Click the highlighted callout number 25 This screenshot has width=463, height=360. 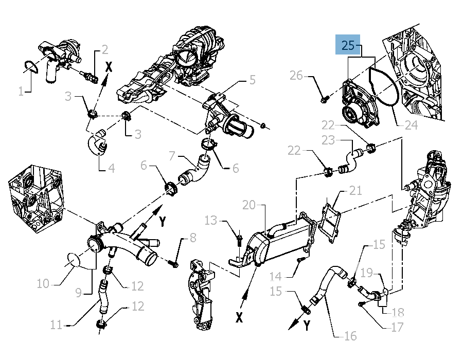pyautogui.click(x=348, y=45)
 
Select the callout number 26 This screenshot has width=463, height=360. pyautogui.click(x=296, y=76)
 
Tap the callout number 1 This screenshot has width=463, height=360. pyautogui.click(x=21, y=92)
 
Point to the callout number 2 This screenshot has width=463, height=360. pyautogui.click(x=104, y=50)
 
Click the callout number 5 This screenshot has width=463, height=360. pyautogui.click(x=252, y=80)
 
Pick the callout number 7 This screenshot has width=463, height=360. pyautogui.click(x=173, y=155)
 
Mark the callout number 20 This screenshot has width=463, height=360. pyautogui.click(x=249, y=205)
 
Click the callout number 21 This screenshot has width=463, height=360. pyautogui.click(x=355, y=191)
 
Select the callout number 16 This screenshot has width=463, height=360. pyautogui.click(x=350, y=336)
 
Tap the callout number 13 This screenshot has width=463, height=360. pyautogui.click(x=211, y=221)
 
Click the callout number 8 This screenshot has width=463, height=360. pyautogui.click(x=193, y=238)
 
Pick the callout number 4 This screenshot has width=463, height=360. pyautogui.click(x=111, y=168)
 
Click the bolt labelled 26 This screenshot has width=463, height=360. pyautogui.click(x=324, y=98)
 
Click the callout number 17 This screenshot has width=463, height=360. pyautogui.click(x=397, y=326)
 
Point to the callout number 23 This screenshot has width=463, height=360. pyautogui.click(x=328, y=140)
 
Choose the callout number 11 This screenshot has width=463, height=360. pyautogui.click(x=57, y=325)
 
